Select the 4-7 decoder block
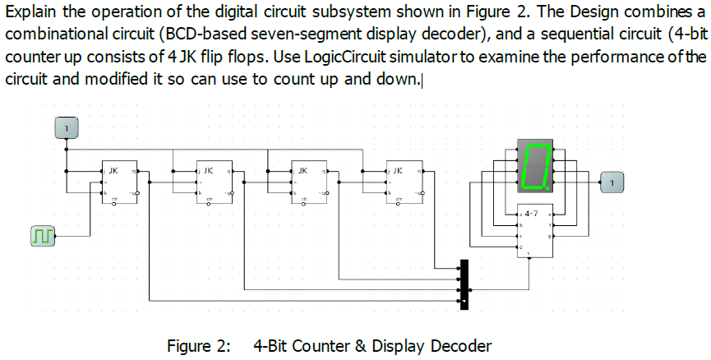(532, 229)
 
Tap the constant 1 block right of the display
(613, 181)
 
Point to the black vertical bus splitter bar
(464, 284)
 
